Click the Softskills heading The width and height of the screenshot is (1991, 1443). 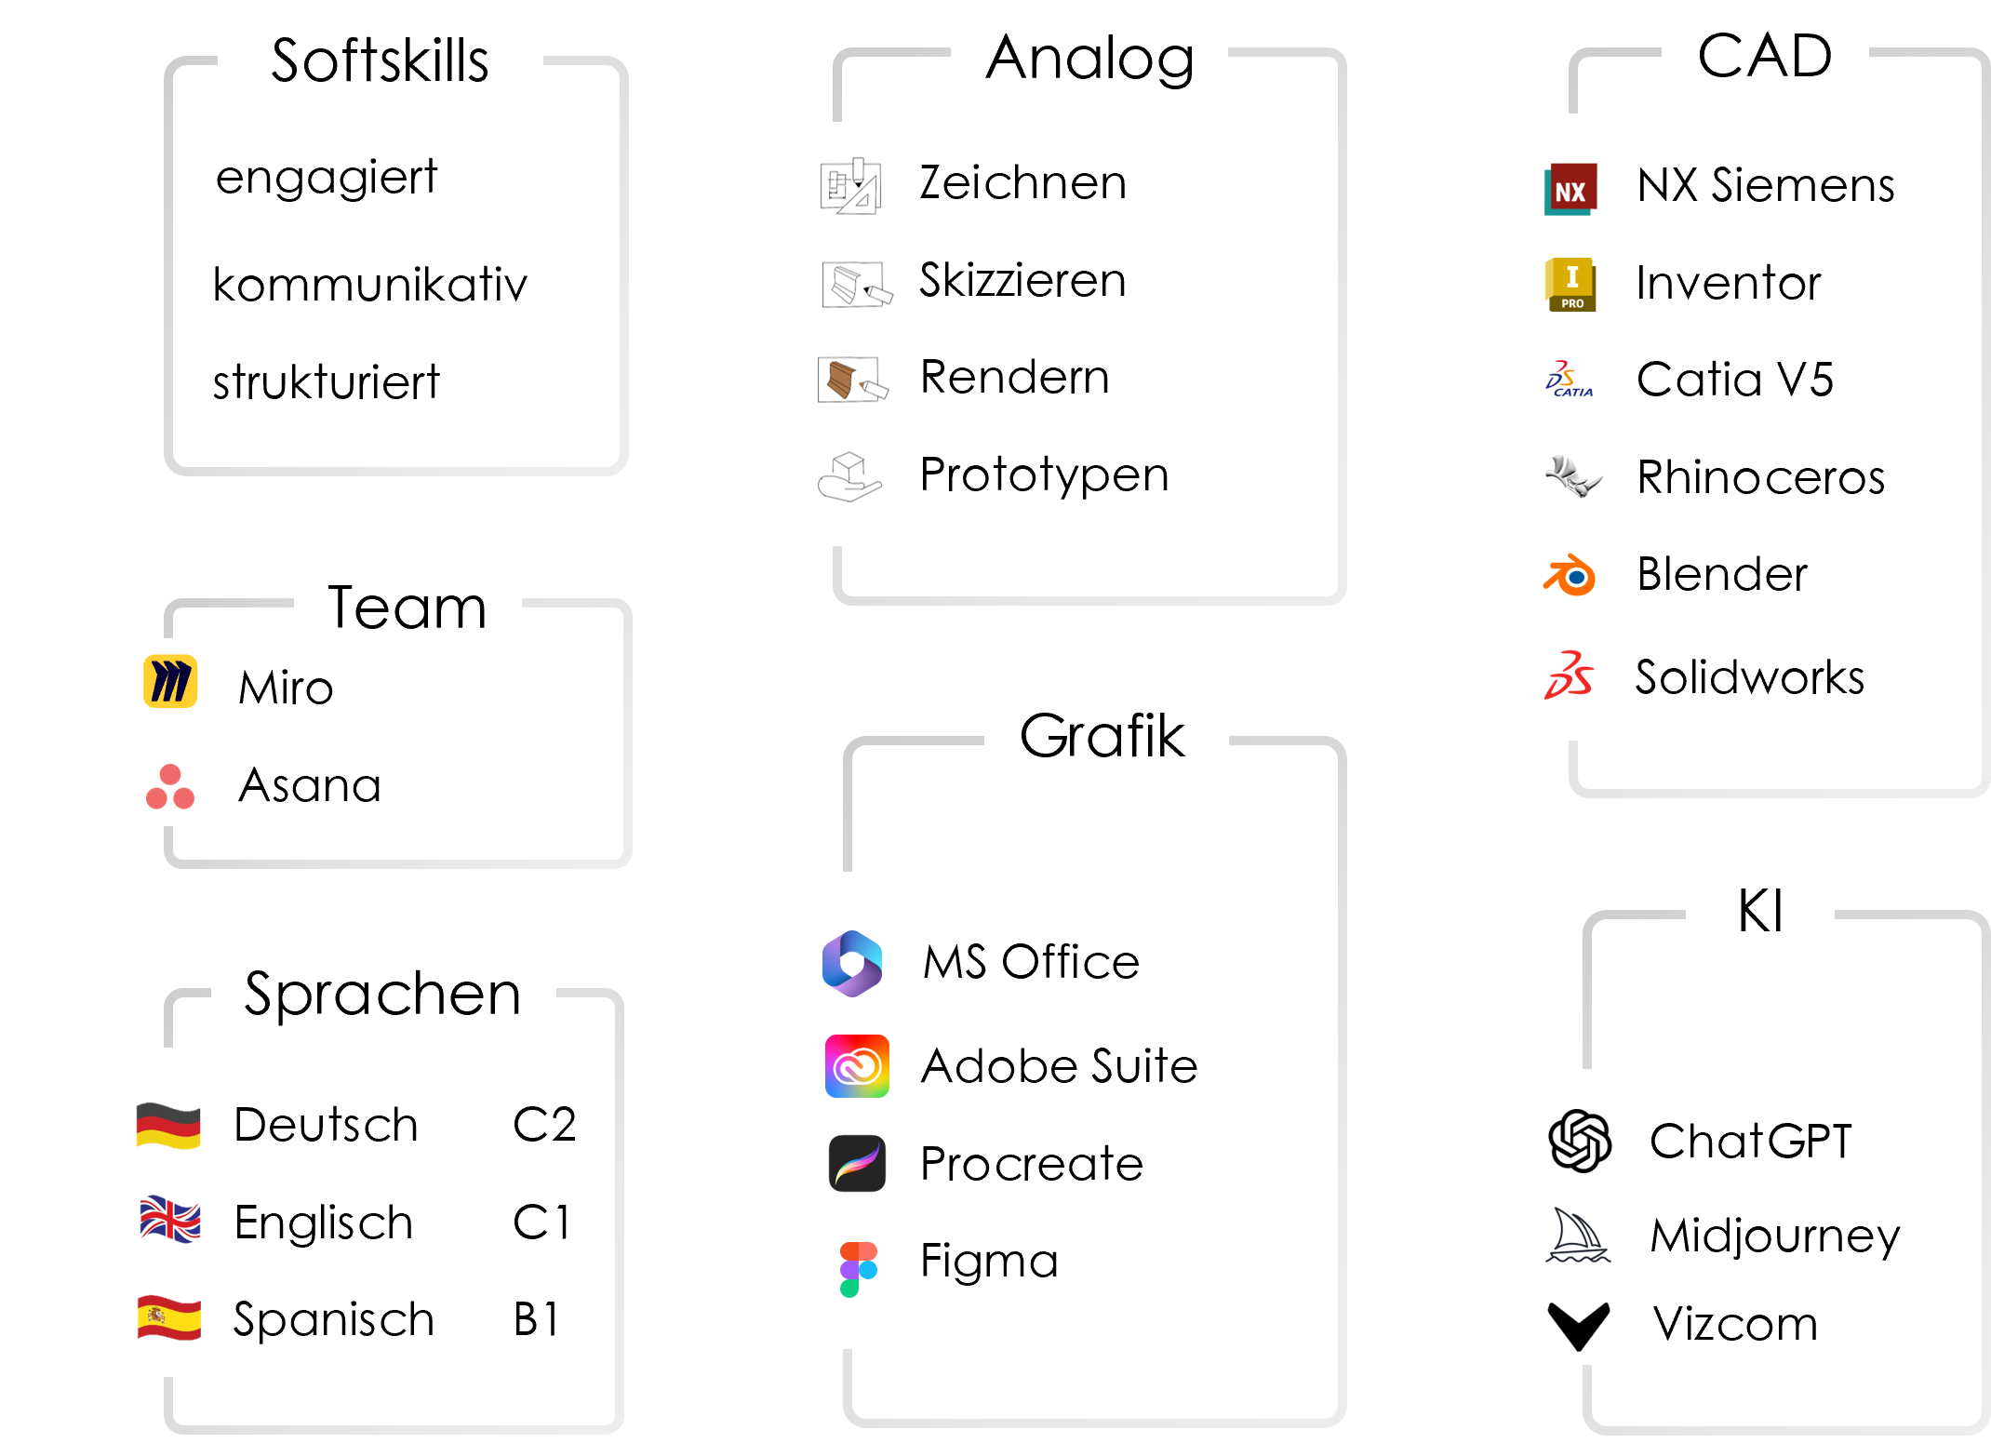pos(380,61)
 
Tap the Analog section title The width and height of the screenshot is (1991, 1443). pos(1089,60)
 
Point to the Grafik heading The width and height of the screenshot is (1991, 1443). pos(1102,736)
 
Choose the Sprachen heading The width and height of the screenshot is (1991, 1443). pos(382,994)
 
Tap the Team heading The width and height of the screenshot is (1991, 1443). pos(407,608)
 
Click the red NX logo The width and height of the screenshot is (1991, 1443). pos(1570,190)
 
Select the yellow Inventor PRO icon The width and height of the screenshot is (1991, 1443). pos(1570,285)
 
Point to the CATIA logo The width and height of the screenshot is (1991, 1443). pos(1570,380)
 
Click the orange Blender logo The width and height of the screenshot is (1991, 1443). pos(1570,575)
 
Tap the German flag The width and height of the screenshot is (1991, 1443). pos(168,1125)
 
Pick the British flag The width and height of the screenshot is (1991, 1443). pos(169,1220)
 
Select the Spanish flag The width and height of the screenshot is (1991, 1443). pos(168,1317)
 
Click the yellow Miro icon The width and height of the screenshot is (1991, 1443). pos(170,681)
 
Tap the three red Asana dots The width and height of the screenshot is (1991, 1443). pos(170,787)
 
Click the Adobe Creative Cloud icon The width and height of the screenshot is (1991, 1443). pos(857,1066)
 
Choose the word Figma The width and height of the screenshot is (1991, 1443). pos(989,1263)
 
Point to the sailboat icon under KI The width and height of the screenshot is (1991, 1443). pos(1578,1236)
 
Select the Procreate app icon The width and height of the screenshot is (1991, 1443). pos(857,1164)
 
